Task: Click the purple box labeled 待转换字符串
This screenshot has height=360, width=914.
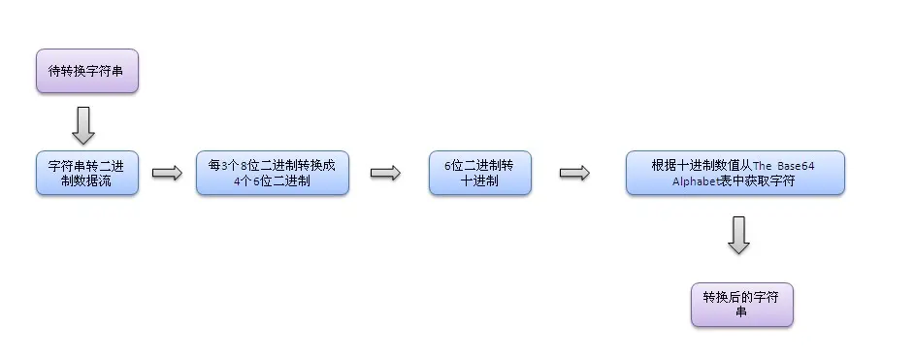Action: click(x=87, y=71)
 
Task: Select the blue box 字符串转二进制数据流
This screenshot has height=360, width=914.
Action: click(x=87, y=173)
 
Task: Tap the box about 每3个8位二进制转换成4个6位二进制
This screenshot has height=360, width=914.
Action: click(x=272, y=173)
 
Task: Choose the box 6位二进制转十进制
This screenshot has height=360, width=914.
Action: click(x=480, y=173)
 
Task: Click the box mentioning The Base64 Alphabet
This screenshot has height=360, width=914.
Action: click(x=734, y=173)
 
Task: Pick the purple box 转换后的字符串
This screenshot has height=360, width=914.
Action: click(x=742, y=304)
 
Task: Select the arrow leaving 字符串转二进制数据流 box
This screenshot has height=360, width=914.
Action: click(x=167, y=173)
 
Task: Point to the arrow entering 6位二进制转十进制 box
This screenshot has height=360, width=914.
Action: click(x=385, y=173)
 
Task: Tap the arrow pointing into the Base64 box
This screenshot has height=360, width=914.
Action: click(x=574, y=173)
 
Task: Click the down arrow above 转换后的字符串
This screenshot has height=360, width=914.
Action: click(x=739, y=236)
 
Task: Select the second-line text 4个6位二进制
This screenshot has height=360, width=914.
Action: click(x=272, y=181)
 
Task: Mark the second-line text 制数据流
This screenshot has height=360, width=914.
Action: click(x=87, y=181)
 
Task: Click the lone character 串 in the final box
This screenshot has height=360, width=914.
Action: click(x=742, y=311)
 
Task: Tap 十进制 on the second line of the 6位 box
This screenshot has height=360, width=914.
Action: click(x=480, y=181)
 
